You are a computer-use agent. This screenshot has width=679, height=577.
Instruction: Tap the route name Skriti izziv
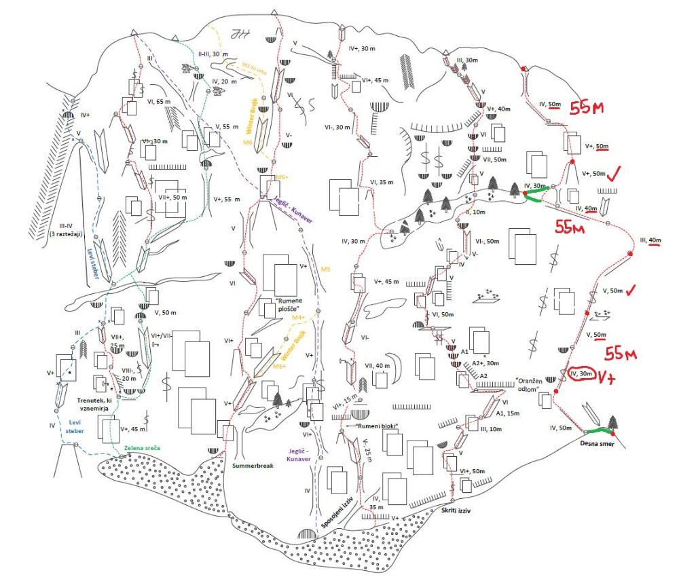pos(456,508)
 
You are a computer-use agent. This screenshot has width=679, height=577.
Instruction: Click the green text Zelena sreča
pos(143,449)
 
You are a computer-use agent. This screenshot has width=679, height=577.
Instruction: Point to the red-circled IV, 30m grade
pos(582,373)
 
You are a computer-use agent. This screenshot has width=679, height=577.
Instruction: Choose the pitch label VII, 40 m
pos(378,367)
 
